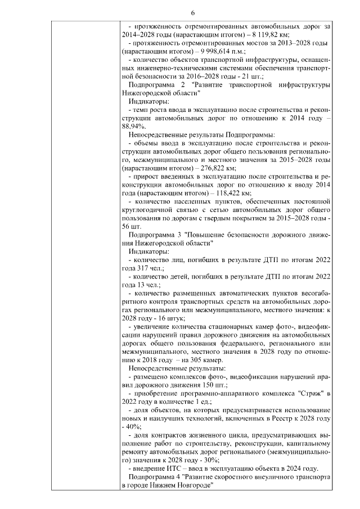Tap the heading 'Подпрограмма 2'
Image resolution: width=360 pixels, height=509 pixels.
pyautogui.click(x=155, y=84)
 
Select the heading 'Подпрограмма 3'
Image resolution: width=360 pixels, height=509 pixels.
pyautogui.click(x=155, y=234)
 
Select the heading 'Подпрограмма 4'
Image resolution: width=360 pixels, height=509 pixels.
pyautogui.click(x=155, y=476)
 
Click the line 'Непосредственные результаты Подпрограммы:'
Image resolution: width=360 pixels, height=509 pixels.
pyautogui.click(x=201, y=135)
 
